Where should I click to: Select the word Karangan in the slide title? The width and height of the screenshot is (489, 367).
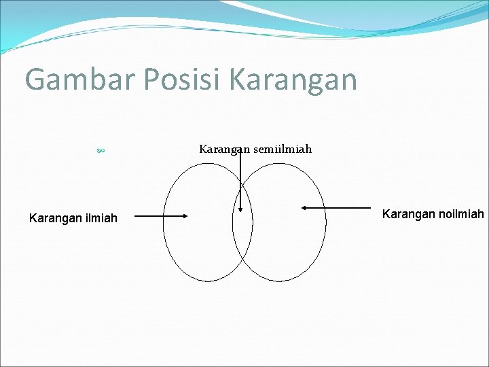pyautogui.click(x=293, y=80)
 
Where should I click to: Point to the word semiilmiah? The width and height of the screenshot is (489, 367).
pyautogui.click(x=283, y=149)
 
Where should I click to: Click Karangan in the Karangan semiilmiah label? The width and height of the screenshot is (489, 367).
pyautogui.click(x=224, y=149)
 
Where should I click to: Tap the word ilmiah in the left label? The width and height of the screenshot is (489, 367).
pyautogui.click(x=100, y=218)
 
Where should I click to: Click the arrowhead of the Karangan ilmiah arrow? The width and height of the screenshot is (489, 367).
pyautogui.click(x=184, y=217)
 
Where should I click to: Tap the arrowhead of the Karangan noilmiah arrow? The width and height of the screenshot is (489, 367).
pyautogui.click(x=305, y=207)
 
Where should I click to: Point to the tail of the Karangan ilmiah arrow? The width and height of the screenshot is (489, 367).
pyautogui.click(x=134, y=217)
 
